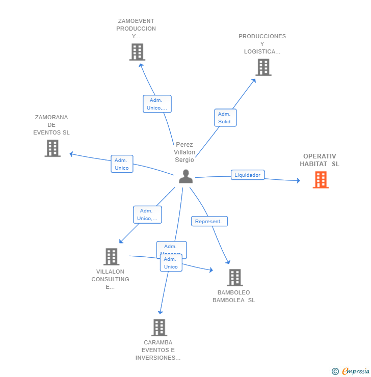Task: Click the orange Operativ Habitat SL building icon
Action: coord(321,180)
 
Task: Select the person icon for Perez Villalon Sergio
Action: coord(186,176)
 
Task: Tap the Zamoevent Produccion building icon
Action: coord(137,52)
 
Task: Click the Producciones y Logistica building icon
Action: coord(263,67)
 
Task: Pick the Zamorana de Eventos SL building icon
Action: coord(52,148)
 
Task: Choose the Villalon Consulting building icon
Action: coord(111,257)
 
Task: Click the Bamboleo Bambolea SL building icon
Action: coord(234,278)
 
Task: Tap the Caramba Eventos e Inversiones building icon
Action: coord(159,328)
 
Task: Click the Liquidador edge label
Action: coord(248,175)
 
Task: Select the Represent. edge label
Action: coord(209,222)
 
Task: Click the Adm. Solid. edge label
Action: coord(225,118)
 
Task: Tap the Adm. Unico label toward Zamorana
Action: coord(122,164)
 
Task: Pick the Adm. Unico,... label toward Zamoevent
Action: coord(157,104)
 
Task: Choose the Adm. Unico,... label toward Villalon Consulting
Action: coord(147,214)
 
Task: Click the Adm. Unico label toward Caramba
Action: coord(171,263)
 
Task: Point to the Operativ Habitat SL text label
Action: coord(320,160)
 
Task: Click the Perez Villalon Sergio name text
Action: coord(184,152)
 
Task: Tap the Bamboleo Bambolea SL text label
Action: coord(234,297)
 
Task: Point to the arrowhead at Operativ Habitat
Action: coord(298,180)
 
